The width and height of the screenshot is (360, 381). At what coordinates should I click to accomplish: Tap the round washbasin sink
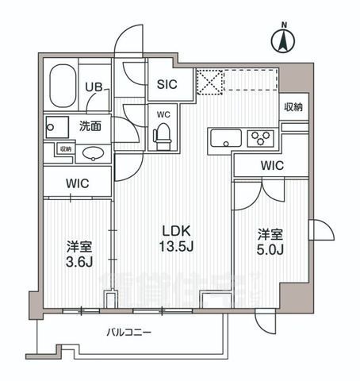click(94, 152)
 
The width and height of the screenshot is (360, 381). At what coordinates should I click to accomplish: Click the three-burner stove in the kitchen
click(261, 140)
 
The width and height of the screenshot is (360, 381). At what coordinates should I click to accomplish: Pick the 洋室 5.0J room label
click(270, 243)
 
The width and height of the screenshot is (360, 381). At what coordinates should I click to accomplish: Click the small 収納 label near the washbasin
click(64, 148)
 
